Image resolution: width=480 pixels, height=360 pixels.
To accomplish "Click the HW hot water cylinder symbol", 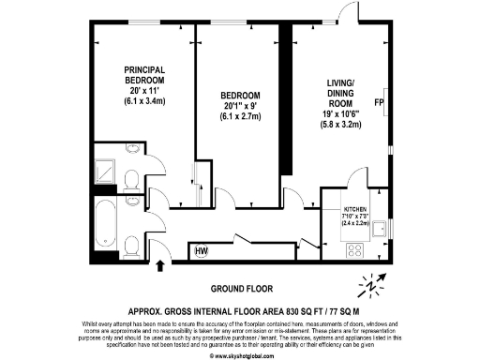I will pos(202,251).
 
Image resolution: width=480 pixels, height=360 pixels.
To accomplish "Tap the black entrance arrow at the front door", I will pos(158,266).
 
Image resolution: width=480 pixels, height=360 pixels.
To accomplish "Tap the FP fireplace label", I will pos(379,102).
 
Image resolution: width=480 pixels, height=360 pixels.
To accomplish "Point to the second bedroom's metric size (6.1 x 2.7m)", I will pos(242,117).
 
